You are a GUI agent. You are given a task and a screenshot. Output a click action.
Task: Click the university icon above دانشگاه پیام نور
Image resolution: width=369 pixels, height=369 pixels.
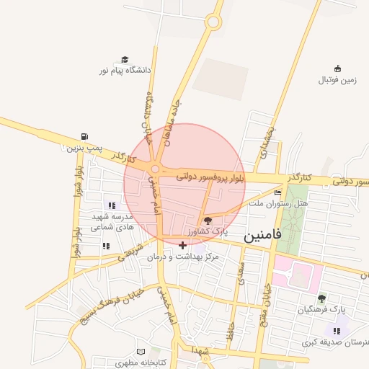click(125, 60)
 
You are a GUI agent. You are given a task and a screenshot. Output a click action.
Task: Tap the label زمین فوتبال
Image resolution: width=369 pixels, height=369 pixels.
click(338, 80)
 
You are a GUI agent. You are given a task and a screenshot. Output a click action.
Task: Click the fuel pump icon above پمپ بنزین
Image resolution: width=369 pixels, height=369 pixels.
click(86, 137)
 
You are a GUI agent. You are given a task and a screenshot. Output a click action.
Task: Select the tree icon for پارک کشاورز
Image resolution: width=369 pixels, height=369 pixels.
click(208, 221)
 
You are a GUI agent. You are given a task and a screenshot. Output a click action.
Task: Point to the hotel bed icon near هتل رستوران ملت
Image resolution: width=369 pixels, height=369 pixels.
click(278, 192)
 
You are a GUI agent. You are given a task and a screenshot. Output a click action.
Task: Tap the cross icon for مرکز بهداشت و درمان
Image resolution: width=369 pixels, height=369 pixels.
click(182, 246)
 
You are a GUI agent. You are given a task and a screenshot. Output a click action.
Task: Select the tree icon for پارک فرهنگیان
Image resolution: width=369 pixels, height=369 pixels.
click(321, 298)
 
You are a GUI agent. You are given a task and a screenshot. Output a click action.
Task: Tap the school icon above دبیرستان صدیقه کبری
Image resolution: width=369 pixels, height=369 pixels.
click(337, 330)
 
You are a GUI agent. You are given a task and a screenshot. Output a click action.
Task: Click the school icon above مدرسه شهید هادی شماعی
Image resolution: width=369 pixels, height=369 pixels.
click(112, 205)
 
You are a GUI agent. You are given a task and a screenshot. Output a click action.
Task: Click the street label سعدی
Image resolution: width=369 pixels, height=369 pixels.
click(241, 274)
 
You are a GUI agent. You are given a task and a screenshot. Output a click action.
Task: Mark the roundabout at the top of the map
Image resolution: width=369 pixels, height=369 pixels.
click(213, 22)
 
